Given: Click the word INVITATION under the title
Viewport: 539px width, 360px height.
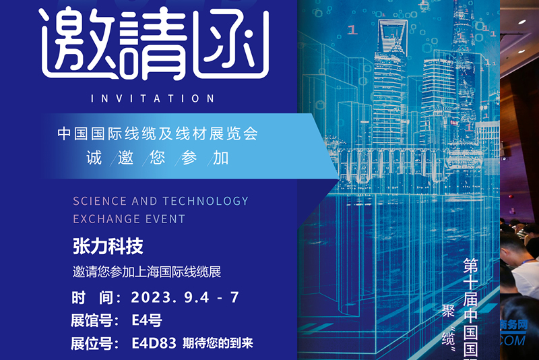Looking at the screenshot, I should click(x=152, y=98).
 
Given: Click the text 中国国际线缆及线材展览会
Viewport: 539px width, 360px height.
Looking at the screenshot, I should click(x=158, y=133).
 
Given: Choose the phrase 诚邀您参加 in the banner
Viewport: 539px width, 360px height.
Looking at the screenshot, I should click(x=158, y=159).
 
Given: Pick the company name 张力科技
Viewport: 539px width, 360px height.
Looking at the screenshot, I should click(x=108, y=247).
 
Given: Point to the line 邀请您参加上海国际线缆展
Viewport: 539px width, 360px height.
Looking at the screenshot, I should click(x=147, y=273).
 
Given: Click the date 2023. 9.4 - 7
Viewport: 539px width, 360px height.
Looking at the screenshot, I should click(x=185, y=297).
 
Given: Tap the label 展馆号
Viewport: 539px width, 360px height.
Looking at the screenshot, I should click(x=96, y=320).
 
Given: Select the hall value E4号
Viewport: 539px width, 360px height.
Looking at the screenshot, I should click(x=147, y=320).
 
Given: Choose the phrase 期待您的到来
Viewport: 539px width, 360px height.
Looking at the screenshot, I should click(x=218, y=343).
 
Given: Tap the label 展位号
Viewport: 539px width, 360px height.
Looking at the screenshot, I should click(x=96, y=343).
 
